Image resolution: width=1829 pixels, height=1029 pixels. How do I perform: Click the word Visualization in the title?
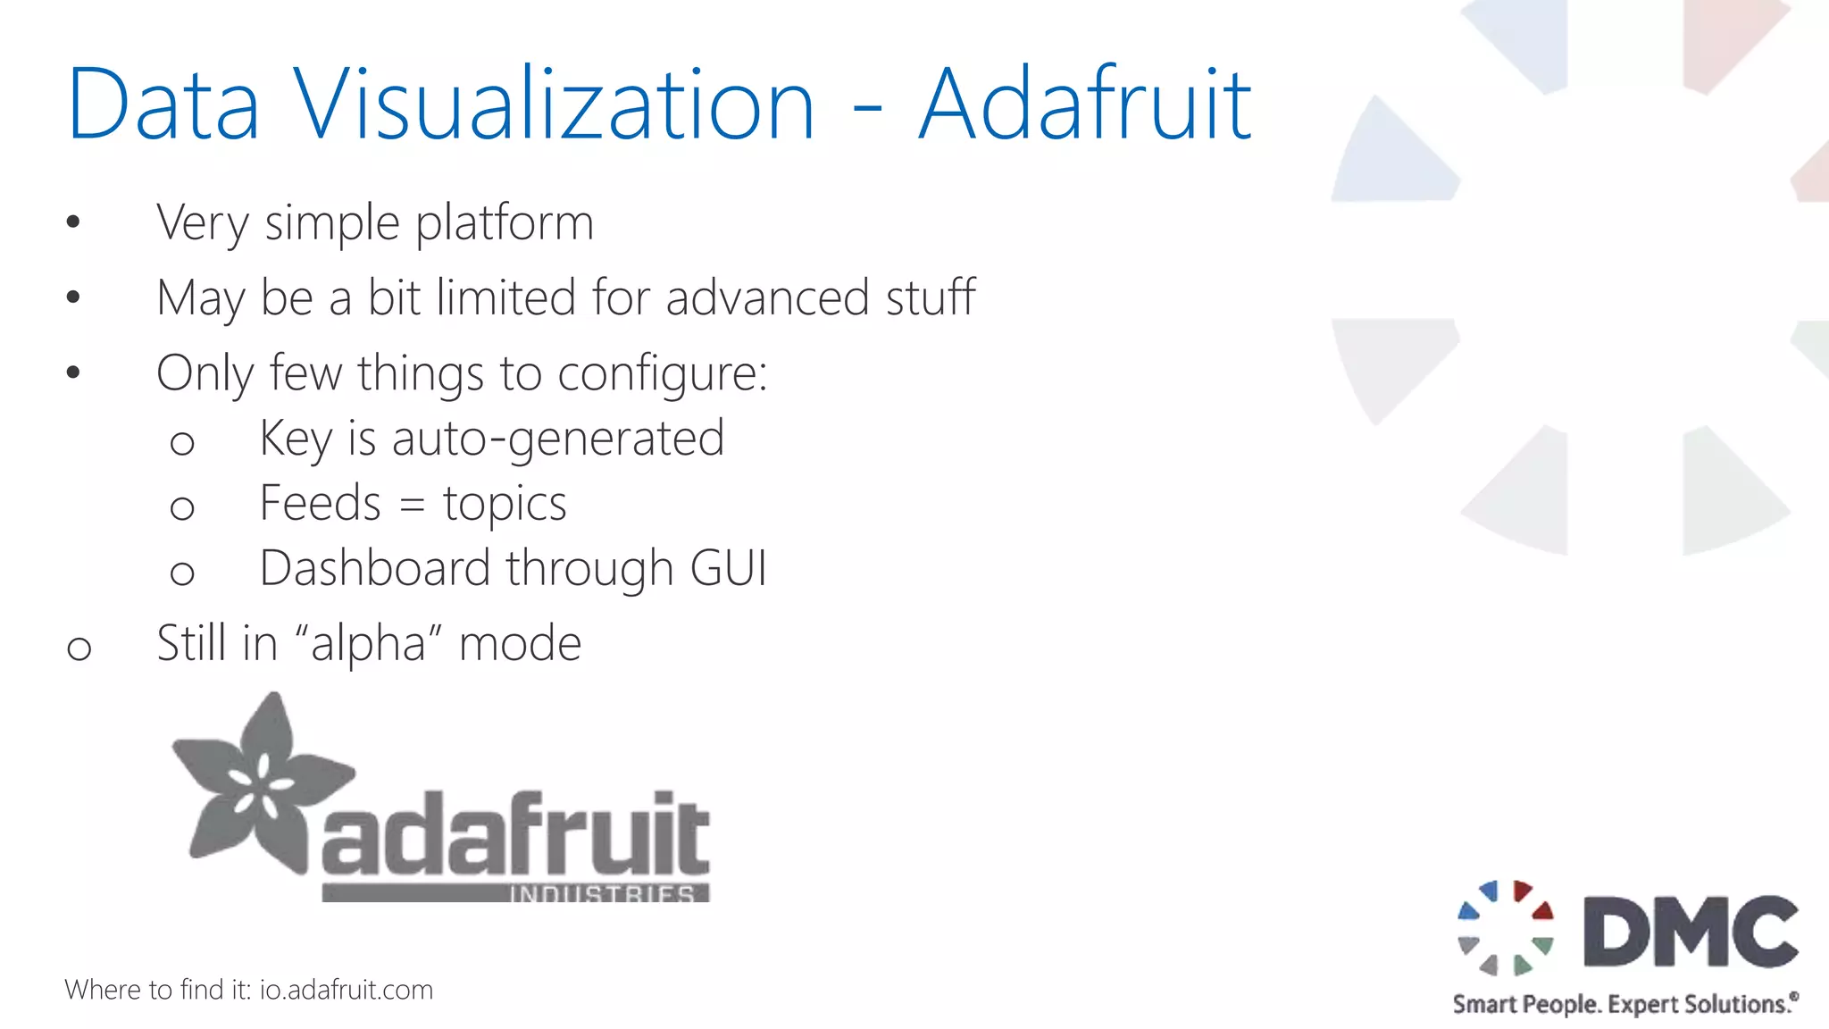pos(554,105)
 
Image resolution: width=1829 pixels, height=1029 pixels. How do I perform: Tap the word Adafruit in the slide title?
pos(1085,105)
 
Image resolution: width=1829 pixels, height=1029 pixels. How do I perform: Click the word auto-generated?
pos(557,439)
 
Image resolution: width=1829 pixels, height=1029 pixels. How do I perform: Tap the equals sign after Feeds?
pos(412,505)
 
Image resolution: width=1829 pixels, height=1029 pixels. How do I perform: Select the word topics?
pos(505,505)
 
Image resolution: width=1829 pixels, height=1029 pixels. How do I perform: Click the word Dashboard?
pos(376,569)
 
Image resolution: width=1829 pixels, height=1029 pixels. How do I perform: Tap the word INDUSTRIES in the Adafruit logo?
pos(602,893)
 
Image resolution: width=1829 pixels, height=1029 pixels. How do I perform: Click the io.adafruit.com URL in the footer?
pos(347,990)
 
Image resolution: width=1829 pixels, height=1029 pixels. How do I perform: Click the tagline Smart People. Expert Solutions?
pos(1624,1004)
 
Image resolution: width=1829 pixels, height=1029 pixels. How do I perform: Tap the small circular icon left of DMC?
pos(1506,928)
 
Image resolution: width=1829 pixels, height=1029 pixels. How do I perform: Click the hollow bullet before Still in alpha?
pos(79,648)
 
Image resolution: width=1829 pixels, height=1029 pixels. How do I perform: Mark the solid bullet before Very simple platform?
pos(73,222)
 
